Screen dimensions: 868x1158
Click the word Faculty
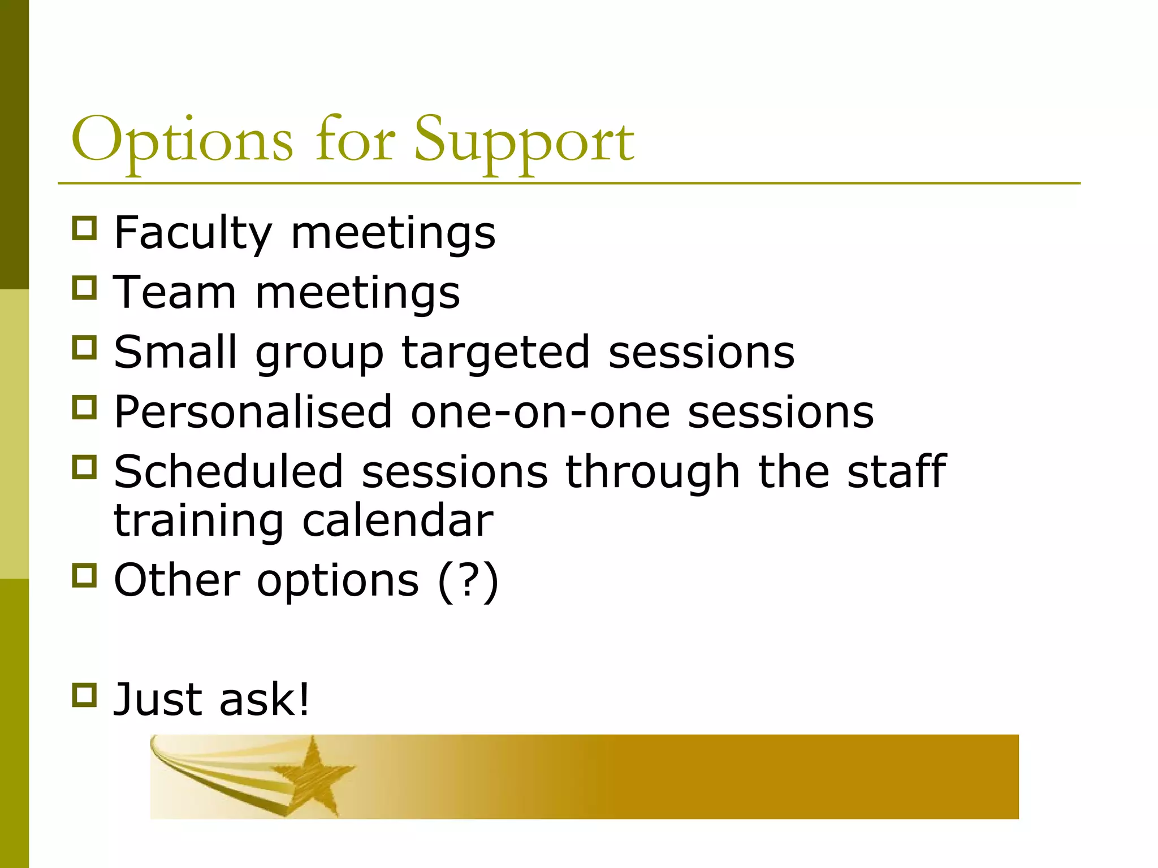pyautogui.click(x=193, y=233)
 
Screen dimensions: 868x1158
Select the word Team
pyautogui.click(x=174, y=293)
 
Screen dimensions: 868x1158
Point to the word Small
pyautogui.click(x=175, y=352)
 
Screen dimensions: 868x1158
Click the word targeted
pyautogui.click(x=495, y=354)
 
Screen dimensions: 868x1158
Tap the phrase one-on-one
pyautogui.click(x=540, y=412)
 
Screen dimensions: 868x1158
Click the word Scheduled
pyautogui.click(x=228, y=471)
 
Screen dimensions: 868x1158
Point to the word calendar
pyautogui.click(x=397, y=520)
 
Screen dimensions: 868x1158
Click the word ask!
pyautogui.click(x=265, y=700)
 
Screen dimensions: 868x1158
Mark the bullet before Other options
pyautogui.click(x=85, y=575)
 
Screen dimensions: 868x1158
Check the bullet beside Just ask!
pyautogui.click(x=85, y=695)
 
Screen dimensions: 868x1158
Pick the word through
pyautogui.click(x=653, y=472)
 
